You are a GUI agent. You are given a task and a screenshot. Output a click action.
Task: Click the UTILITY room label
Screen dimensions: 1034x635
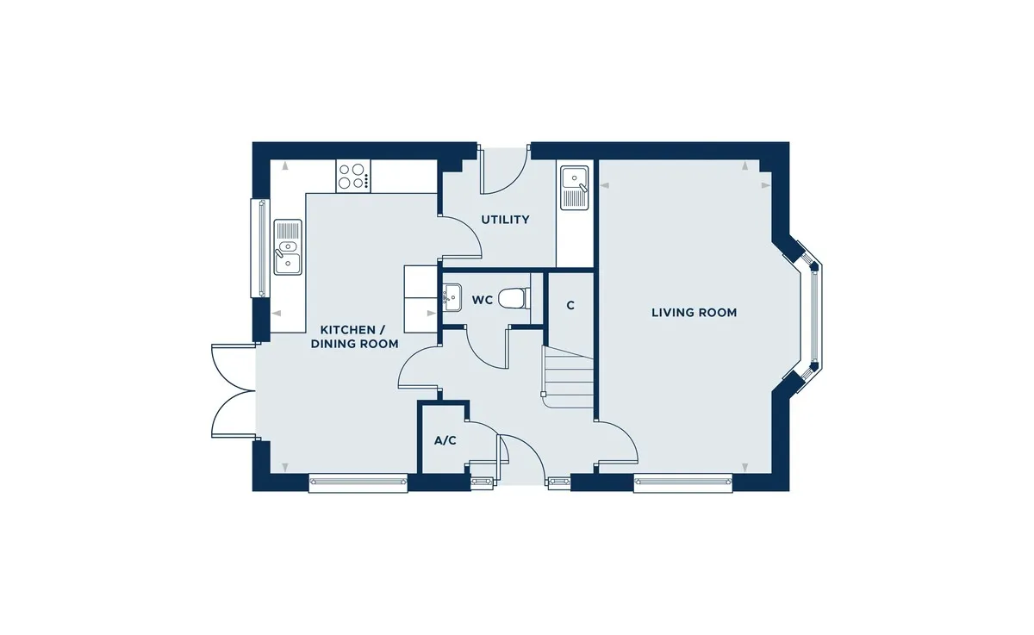505,220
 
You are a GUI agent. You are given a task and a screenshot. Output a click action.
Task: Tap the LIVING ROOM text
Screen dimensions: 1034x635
694,313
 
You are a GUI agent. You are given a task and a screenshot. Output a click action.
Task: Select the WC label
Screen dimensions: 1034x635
483,301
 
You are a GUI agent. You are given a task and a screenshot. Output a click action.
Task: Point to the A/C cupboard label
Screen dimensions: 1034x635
445,441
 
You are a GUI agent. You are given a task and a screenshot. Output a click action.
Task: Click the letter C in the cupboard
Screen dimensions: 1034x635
570,306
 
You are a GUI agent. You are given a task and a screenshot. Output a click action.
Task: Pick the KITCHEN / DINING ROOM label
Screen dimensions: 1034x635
354,337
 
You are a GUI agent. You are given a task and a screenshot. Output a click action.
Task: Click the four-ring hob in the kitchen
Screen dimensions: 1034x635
353,176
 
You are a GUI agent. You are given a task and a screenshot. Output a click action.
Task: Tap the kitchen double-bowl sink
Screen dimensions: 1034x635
288,247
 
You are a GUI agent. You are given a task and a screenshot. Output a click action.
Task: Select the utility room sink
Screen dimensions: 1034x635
575,188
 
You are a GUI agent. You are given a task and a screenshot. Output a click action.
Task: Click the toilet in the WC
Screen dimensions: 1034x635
514,298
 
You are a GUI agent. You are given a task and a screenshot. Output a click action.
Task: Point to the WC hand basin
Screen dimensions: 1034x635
452,297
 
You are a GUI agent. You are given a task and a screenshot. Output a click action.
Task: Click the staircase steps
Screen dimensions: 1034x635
567,377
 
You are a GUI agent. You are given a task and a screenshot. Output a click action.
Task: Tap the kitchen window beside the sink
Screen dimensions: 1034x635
260,248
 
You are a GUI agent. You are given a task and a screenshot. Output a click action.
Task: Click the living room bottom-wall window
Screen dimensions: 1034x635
682,482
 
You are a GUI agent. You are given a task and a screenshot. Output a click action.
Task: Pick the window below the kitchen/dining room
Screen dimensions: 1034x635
358,482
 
